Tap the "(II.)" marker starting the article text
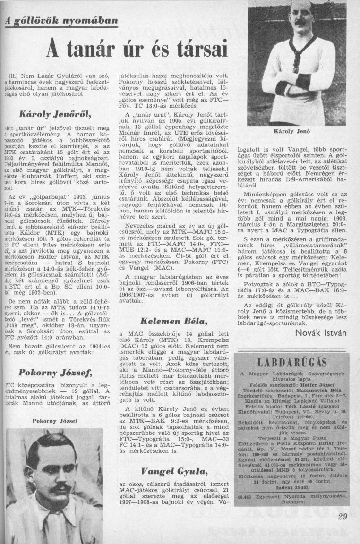14,75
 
